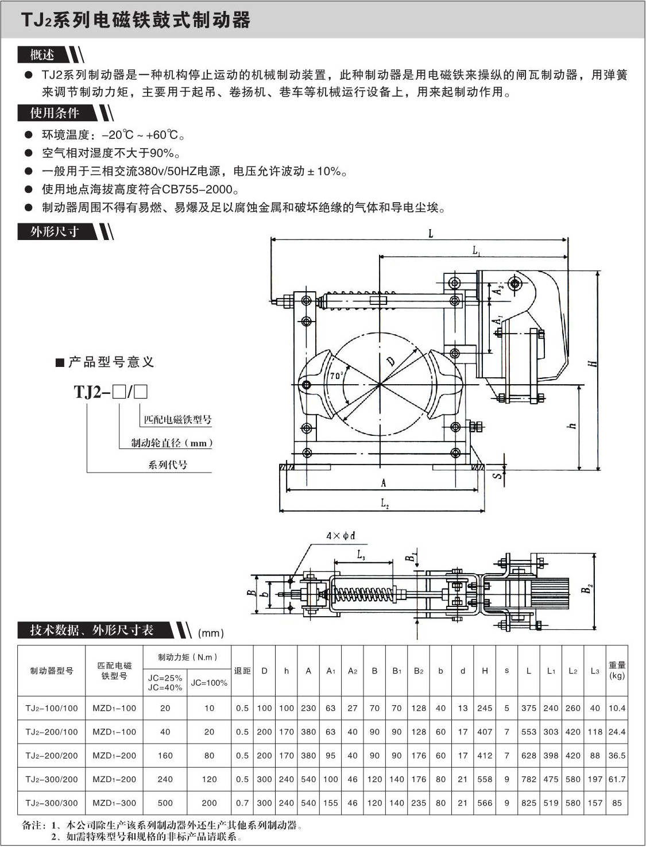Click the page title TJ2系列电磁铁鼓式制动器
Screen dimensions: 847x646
pyautogui.click(x=136, y=20)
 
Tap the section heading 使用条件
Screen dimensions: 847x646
pyautogui.click(x=55, y=113)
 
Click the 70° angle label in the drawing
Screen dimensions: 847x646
pyautogui.click(x=335, y=376)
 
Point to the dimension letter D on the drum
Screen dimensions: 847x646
pyautogui.click(x=391, y=361)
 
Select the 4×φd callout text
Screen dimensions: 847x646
pyautogui.click(x=341, y=536)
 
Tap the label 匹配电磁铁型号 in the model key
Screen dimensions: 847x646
pyautogui.click(x=177, y=420)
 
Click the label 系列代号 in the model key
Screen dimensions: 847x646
pyautogui.click(x=168, y=465)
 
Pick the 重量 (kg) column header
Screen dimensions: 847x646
pyautogui.click(x=617, y=670)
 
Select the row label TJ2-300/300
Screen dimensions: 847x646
pyautogui.click(x=52, y=803)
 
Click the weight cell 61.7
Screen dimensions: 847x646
pyautogui.click(x=617, y=779)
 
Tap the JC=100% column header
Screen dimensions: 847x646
pyautogui.click(x=209, y=683)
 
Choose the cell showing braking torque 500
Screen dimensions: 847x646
pyautogui.click(x=165, y=803)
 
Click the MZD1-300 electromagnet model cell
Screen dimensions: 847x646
pyautogui.click(x=114, y=803)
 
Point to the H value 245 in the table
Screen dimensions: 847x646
pyautogui.click(x=485, y=708)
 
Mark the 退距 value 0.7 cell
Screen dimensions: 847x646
pyautogui.click(x=242, y=803)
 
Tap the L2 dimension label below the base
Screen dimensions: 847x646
pyautogui.click(x=385, y=503)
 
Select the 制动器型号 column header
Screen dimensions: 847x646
pyautogui.click(x=52, y=670)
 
